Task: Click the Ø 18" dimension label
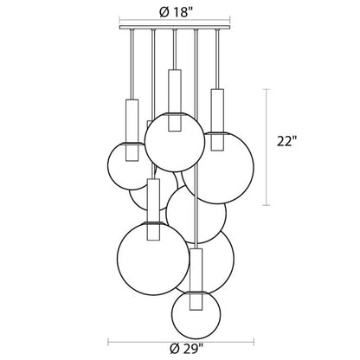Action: tap(176, 12)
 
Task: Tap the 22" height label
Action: tap(286, 141)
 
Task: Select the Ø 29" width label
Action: tap(186, 350)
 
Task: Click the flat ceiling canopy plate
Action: tap(175, 28)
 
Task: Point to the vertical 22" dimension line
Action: tap(267, 147)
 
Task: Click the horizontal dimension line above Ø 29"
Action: tap(181, 343)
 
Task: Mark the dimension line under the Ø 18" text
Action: tap(175, 21)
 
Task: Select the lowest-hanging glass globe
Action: tap(196, 315)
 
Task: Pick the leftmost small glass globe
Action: tap(128, 166)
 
